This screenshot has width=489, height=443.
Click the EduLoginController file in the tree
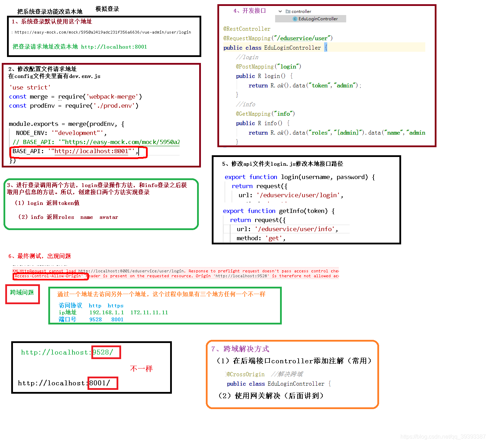[x=318, y=19]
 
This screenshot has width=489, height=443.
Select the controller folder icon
[x=288, y=12]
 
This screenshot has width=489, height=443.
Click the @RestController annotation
[x=247, y=29]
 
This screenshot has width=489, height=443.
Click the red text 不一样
[x=141, y=369]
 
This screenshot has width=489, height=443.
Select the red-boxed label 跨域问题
[x=22, y=293]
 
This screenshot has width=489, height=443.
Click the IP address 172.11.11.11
[x=149, y=313]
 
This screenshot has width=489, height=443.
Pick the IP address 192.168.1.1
[x=106, y=313]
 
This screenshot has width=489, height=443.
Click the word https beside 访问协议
[x=116, y=306]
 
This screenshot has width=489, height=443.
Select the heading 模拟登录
[x=107, y=9]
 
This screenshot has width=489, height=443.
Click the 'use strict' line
[x=30, y=87]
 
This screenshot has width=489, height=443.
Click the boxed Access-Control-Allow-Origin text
[x=48, y=276]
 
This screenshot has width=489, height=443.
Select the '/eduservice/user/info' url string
[x=295, y=229]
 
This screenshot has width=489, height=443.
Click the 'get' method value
[x=274, y=238]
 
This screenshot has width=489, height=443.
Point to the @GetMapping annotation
[x=253, y=114]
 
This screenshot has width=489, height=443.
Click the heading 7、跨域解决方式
[x=240, y=349]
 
